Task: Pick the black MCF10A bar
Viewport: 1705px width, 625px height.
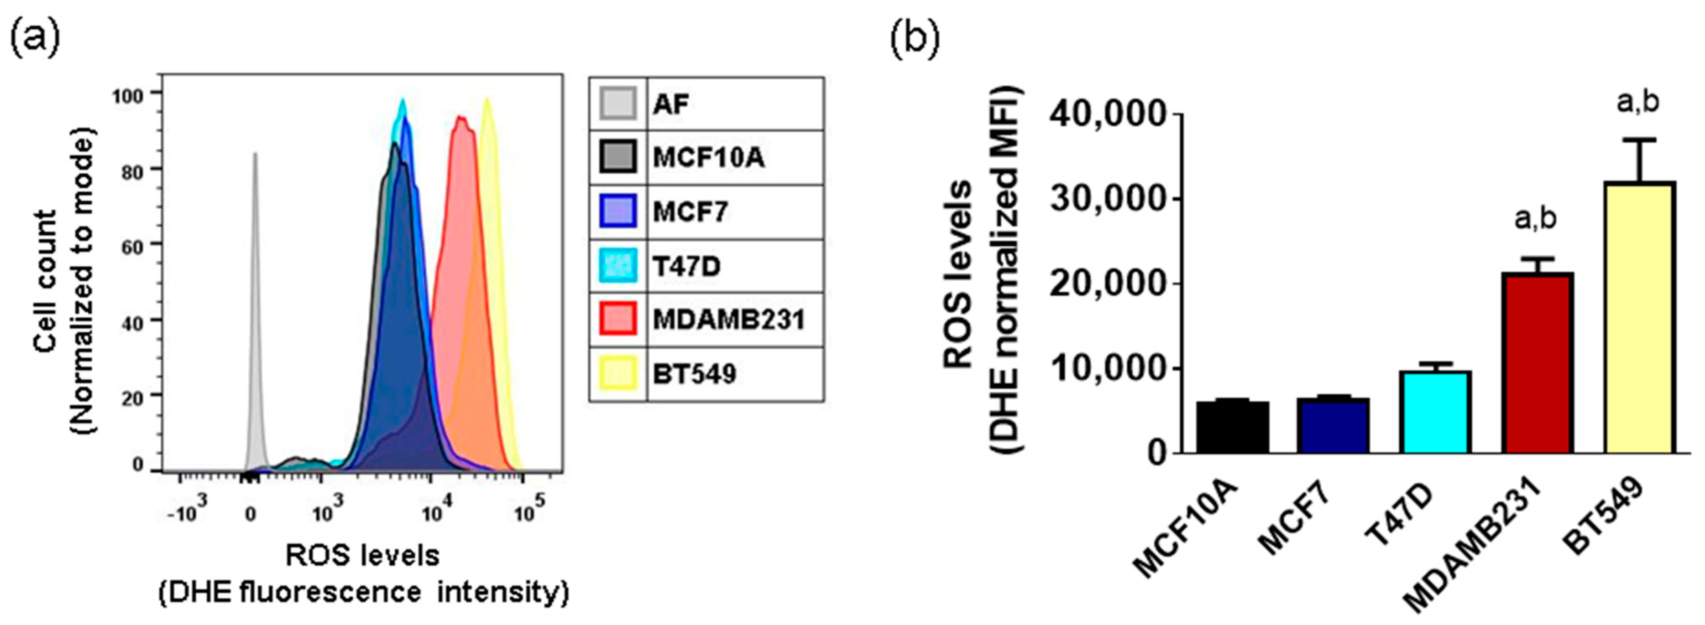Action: (1232, 427)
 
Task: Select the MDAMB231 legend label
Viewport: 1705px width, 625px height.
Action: (728, 320)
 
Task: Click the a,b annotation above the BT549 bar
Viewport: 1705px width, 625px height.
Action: (1638, 103)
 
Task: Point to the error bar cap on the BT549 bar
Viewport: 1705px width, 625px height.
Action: (1639, 140)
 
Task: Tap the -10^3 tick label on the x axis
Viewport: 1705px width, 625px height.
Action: (187, 512)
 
